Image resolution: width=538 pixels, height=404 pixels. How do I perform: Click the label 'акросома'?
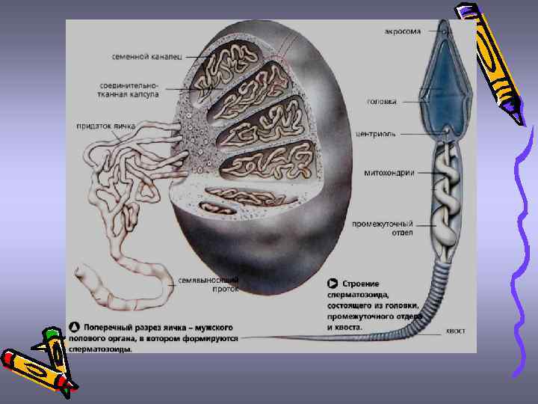pos(402,31)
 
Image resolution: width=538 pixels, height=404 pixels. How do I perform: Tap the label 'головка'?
pos(382,101)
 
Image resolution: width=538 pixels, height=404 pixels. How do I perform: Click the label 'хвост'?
pos(456,330)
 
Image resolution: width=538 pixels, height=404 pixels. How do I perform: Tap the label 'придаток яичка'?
pos(105,126)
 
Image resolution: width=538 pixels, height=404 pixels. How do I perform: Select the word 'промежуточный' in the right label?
pos(383,223)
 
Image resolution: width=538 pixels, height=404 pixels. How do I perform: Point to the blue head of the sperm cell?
pos(445,82)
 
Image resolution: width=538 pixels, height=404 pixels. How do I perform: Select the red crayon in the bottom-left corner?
pos(34,366)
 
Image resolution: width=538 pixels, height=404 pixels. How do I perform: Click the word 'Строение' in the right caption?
pos(361,284)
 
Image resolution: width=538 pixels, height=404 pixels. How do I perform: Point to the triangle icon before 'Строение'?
pos(333,284)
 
